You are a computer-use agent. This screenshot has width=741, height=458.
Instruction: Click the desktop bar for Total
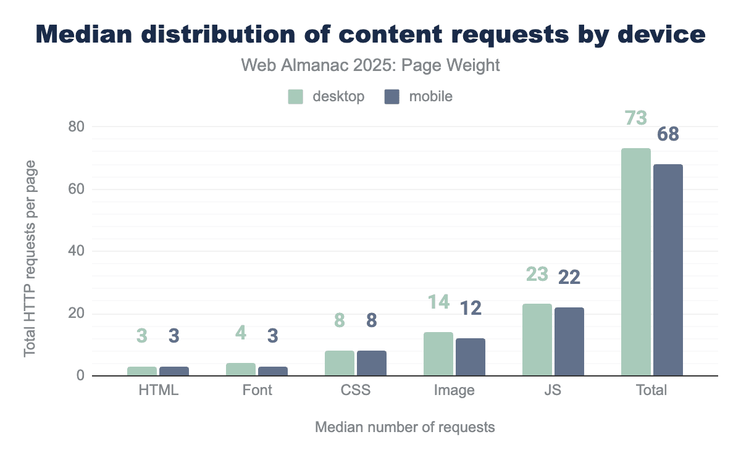[636, 262]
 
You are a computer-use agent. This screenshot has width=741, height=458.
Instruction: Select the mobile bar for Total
[668, 270]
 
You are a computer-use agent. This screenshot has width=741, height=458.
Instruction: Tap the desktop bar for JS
[537, 339]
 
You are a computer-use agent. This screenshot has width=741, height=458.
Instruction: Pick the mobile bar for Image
[471, 357]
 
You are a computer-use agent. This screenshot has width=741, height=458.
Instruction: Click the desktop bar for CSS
[340, 363]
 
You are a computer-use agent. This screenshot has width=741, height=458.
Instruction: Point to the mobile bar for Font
[273, 371]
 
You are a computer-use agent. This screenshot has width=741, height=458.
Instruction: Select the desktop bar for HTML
[142, 371]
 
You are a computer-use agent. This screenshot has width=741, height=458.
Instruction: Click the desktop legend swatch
[296, 97]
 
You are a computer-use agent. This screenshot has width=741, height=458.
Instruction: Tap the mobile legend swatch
[392, 97]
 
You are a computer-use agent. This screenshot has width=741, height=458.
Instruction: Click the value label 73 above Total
[636, 117]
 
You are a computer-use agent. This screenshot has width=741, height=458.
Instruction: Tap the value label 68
[668, 134]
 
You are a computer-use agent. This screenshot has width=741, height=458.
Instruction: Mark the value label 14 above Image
[438, 302]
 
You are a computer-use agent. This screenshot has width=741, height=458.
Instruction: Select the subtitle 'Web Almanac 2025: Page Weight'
[371, 65]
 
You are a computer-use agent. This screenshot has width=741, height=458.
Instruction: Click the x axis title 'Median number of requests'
[405, 427]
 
